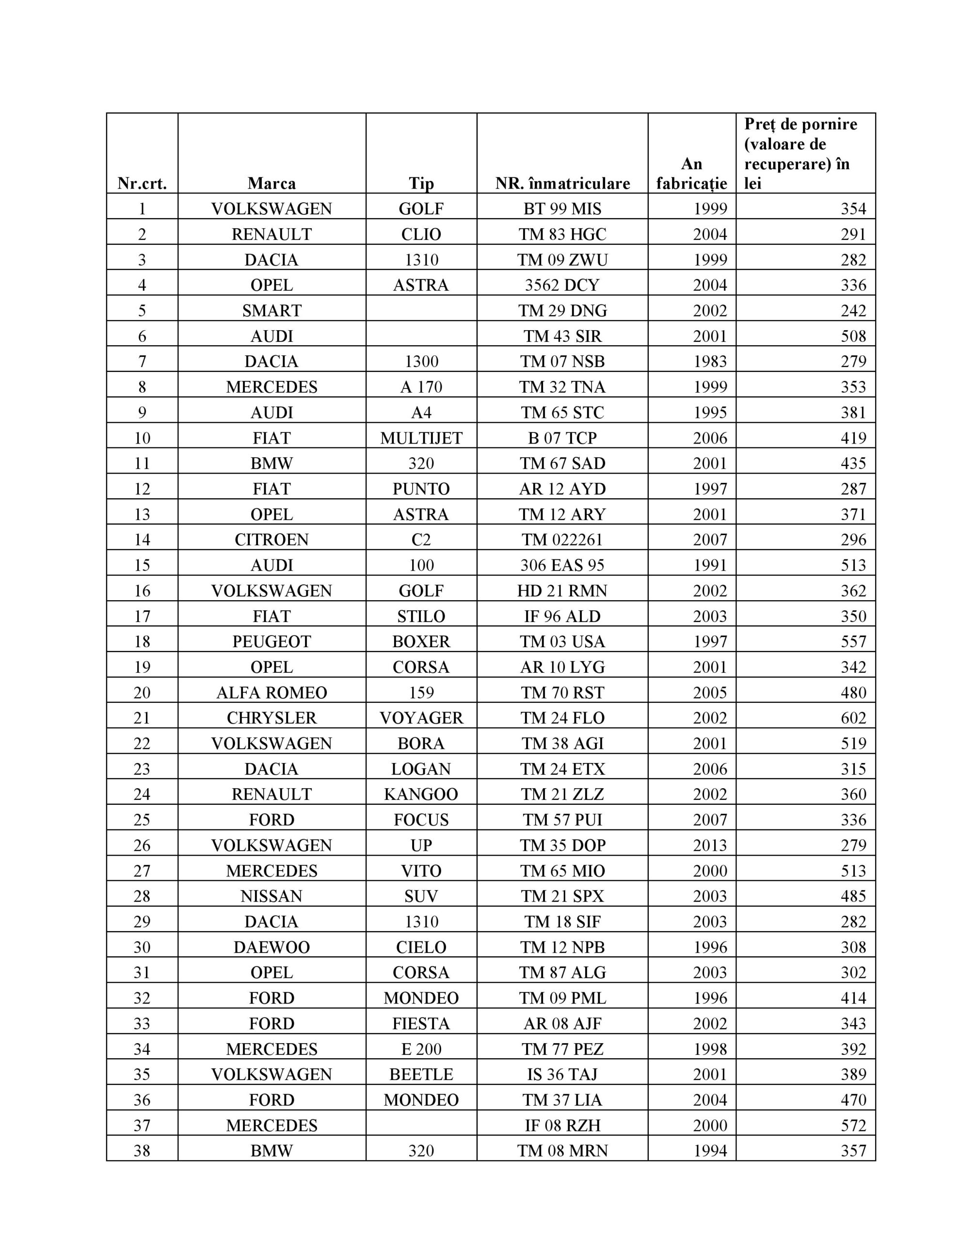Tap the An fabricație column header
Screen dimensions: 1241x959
click(691, 174)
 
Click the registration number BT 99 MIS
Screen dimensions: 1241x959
click(562, 208)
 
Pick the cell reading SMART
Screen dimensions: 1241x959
click(272, 310)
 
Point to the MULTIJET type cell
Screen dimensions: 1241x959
click(421, 438)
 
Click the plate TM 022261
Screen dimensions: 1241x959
click(562, 539)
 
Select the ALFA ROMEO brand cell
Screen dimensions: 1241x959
click(272, 692)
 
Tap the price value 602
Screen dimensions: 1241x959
click(853, 717)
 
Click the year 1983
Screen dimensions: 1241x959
click(710, 361)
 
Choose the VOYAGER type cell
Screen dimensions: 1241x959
click(421, 717)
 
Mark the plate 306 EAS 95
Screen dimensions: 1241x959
click(562, 565)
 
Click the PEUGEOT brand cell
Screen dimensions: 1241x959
click(272, 641)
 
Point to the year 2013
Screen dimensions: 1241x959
click(710, 845)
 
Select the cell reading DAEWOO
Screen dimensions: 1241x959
click(272, 947)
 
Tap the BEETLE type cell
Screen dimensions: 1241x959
click(421, 1074)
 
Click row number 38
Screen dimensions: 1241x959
click(142, 1151)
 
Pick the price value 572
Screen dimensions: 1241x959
click(853, 1125)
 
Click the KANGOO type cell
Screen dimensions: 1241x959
click(421, 794)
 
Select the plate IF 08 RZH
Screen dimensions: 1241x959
click(562, 1125)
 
